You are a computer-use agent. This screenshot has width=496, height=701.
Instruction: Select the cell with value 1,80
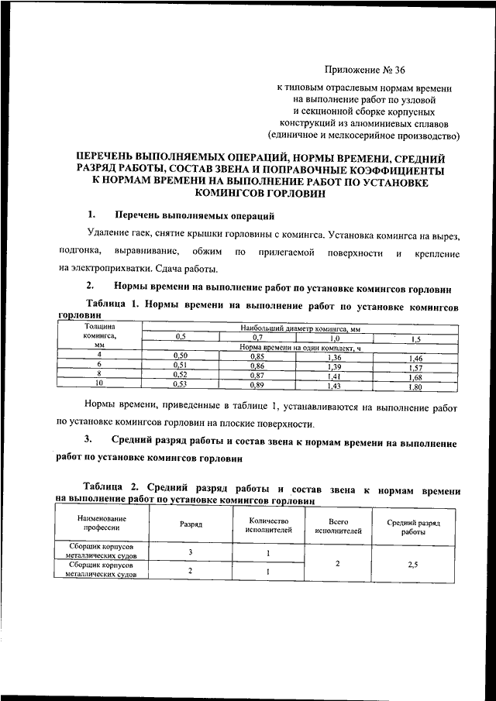(x=415, y=386)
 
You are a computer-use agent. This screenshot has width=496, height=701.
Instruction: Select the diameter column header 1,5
(x=415, y=338)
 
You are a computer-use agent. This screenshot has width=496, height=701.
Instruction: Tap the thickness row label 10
(x=98, y=383)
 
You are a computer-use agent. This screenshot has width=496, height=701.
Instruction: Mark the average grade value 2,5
(x=413, y=566)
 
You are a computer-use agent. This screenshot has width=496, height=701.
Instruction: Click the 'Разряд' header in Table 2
(x=191, y=524)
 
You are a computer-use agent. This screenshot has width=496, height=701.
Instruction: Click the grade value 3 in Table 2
(x=191, y=552)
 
